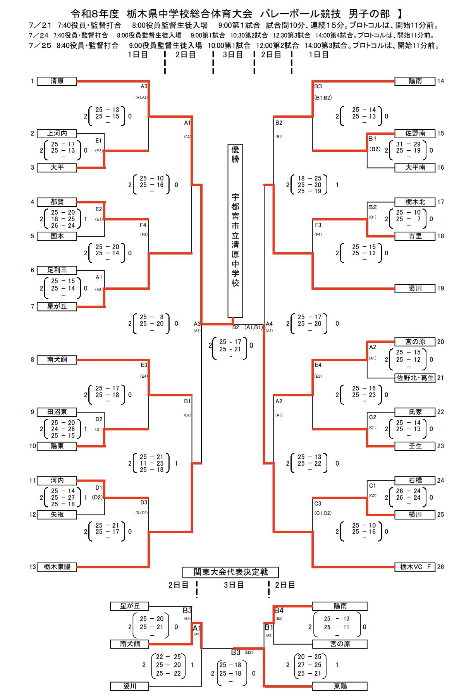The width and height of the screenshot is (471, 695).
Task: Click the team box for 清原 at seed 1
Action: pyautogui.click(x=57, y=81)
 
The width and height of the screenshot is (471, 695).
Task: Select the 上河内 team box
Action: pyautogui.click(x=57, y=133)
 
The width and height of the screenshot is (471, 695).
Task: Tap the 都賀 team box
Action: pyautogui.click(x=57, y=202)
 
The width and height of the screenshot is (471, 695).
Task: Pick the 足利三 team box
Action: pyautogui.click(x=57, y=270)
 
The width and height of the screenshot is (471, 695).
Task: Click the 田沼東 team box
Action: pyautogui.click(x=57, y=412)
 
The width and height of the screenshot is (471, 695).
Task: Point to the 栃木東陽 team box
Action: pyautogui.click(x=57, y=567)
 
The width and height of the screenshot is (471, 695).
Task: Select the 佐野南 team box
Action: pyautogui.click(x=415, y=133)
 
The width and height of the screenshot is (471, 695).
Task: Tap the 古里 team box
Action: pyautogui.click(x=415, y=236)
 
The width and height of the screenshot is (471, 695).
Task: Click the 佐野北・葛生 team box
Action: pyautogui.click(x=415, y=378)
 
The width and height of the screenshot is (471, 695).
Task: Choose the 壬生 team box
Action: pyautogui.click(x=415, y=446)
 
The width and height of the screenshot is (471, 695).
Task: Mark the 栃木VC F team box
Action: pyautogui.click(x=415, y=567)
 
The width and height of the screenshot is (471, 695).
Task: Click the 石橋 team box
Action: pyautogui.click(x=415, y=480)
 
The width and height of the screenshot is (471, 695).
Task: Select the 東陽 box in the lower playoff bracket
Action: pyautogui.click(x=340, y=686)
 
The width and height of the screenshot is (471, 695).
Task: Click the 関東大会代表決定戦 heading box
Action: pyautogui.click(x=230, y=572)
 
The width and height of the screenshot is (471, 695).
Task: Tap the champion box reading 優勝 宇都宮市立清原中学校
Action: pyautogui.click(x=235, y=231)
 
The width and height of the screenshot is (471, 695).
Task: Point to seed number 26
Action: pyautogui.click(x=440, y=567)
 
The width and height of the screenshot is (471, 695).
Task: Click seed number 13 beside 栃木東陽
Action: pyautogui.click(x=33, y=567)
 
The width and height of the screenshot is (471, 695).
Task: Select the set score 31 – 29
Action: pyautogui.click(x=408, y=144)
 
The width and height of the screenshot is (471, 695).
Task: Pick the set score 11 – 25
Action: pyautogui.click(x=152, y=463)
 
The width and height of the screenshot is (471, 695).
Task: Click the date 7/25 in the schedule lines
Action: pyautogui.click(x=40, y=45)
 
